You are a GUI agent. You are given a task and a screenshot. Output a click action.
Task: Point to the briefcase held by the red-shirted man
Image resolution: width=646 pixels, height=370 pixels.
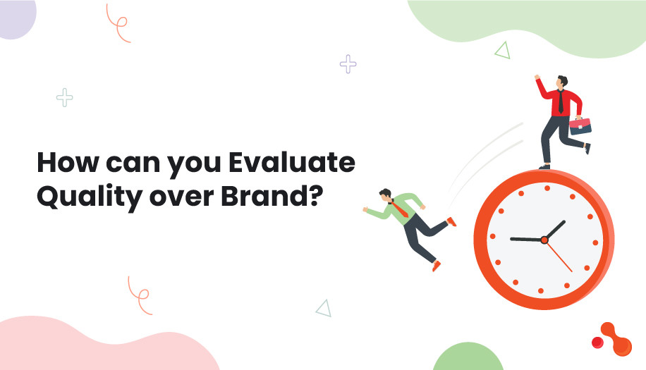click(580, 125)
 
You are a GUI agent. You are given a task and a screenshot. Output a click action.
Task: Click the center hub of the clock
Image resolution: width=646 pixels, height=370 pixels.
click(544, 240)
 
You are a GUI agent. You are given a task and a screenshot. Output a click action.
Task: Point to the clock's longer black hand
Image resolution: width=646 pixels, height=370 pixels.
click(526, 239)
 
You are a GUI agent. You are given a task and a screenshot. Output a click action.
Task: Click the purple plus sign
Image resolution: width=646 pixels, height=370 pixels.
click(348, 64)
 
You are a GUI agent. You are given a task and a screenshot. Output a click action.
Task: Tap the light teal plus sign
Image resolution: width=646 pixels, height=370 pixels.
click(64, 98)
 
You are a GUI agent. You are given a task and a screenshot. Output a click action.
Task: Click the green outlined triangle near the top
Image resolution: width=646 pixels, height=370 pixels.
click(502, 50)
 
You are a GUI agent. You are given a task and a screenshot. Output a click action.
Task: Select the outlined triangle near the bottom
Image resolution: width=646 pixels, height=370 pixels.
click(324, 307)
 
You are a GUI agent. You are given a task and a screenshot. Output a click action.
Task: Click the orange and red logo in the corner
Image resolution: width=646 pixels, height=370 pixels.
click(611, 336)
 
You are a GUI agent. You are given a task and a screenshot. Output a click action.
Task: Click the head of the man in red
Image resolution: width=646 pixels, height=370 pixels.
click(561, 81)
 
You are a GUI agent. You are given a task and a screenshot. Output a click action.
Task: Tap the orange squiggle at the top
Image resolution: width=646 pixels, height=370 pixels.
click(118, 23)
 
